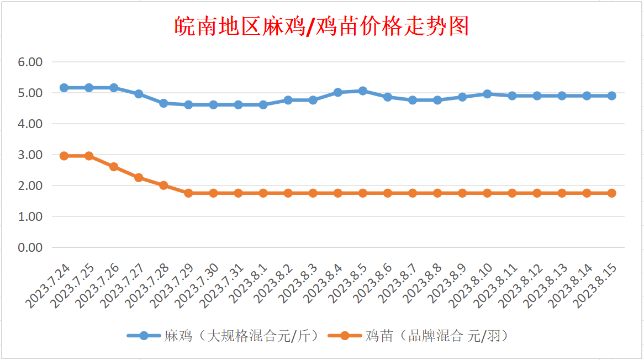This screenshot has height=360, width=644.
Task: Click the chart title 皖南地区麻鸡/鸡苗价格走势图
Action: [321, 26]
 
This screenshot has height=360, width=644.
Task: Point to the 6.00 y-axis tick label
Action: [30, 62]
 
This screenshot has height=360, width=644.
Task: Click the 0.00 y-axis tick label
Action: [30, 247]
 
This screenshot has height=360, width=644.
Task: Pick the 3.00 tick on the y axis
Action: [30, 155]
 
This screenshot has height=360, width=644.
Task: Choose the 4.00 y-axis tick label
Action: [30, 124]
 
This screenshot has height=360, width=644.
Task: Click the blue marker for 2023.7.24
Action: [64, 88]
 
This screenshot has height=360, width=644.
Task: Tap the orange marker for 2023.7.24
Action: [64, 156]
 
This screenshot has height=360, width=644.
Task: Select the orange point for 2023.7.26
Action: [114, 167]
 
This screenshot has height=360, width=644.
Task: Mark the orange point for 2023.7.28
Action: [163, 186]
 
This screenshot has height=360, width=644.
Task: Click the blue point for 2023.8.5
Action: [363, 91]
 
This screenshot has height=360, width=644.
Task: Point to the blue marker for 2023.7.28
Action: [163, 103]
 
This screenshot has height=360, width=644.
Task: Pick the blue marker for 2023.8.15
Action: [612, 96]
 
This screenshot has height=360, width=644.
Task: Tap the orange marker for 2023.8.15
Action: [612, 193]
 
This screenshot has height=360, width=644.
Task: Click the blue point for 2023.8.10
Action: [487, 94]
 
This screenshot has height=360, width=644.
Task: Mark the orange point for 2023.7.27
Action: [139, 178]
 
